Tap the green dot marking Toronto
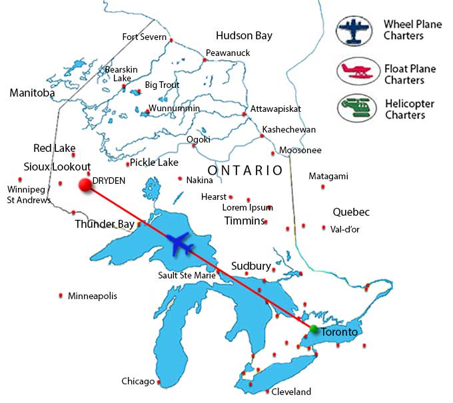point(314,329)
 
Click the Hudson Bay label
point(244,35)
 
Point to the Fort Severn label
point(144,37)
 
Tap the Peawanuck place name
point(228,53)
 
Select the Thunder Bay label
point(104,224)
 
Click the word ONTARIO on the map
point(245,171)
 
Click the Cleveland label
point(292,392)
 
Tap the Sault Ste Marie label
point(187,275)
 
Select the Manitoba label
point(32,93)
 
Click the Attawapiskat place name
point(276,109)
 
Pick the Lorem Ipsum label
point(244,208)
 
